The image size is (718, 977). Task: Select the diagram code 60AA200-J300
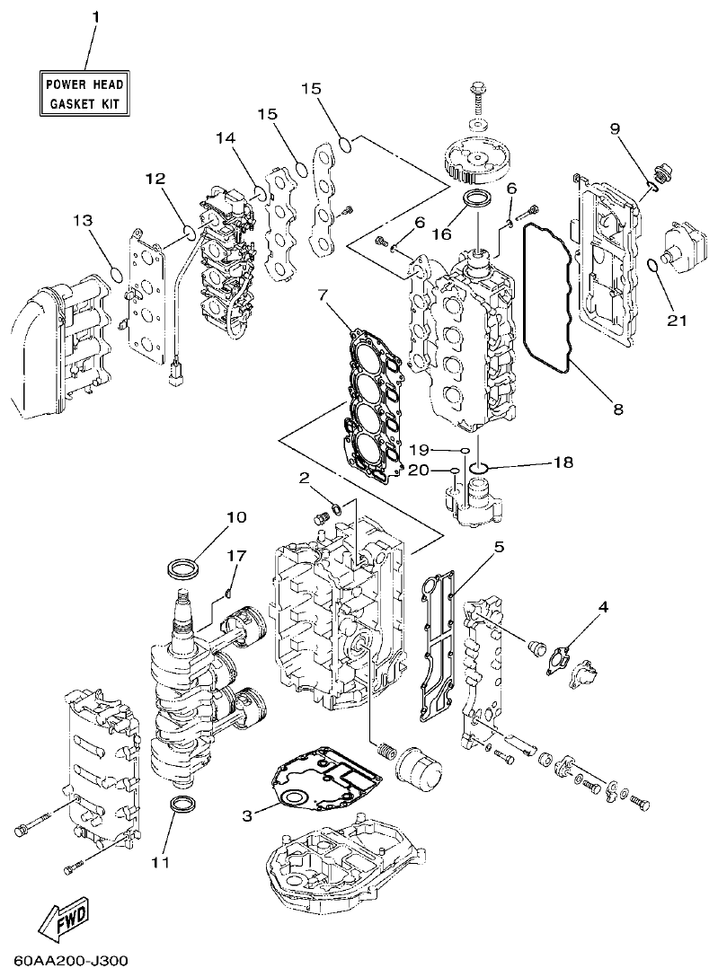(65, 962)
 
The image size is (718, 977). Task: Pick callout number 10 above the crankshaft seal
(236, 518)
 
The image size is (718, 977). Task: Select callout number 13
(82, 220)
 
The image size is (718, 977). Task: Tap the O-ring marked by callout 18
(479, 467)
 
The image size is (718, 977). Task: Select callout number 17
(235, 556)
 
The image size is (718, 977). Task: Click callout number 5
(498, 545)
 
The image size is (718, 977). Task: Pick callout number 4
(603, 607)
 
